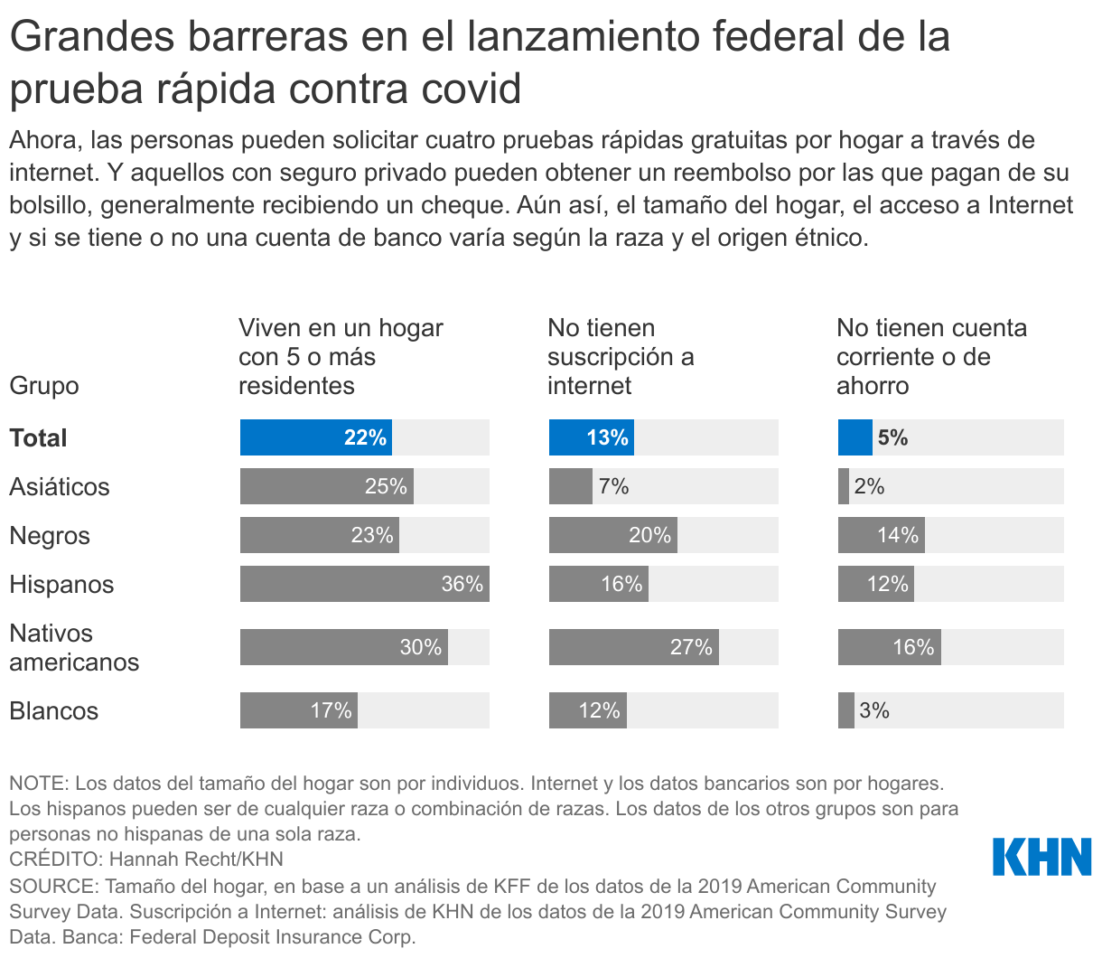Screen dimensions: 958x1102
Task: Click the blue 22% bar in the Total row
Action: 315,437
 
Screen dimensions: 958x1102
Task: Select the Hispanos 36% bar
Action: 364,584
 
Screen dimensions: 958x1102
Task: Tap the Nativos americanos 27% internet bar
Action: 633,647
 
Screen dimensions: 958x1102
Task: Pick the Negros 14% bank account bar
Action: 881,535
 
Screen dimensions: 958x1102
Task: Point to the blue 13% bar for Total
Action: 591,437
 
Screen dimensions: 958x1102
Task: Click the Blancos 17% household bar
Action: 298,710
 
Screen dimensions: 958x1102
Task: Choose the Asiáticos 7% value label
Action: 613,486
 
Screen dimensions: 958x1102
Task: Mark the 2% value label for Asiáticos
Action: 869,486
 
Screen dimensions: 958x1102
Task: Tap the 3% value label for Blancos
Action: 874,710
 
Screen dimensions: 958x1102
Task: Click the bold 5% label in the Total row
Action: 892,437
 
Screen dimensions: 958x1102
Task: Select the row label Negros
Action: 50,535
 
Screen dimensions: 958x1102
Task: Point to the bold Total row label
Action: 38,437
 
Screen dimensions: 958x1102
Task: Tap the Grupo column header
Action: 44,386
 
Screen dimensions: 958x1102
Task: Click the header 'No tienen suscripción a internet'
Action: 621,357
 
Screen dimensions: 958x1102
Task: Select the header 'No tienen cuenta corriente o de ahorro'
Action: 931,357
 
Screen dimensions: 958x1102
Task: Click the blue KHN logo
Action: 1041,857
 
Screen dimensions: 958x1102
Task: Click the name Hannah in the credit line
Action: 146,859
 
